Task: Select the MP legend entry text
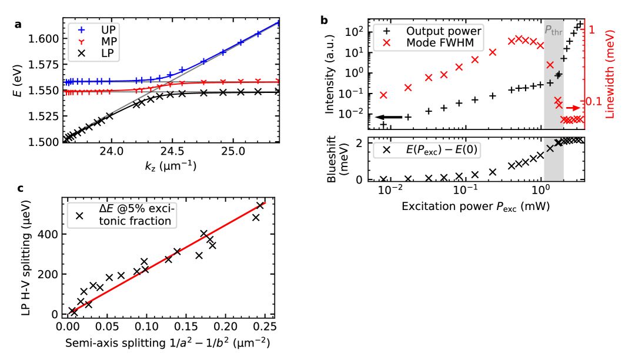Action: tap(109, 42)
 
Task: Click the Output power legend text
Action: tap(443, 31)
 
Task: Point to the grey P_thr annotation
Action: tap(553, 30)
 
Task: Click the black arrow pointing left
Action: tap(389, 117)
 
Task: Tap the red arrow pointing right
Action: tap(573, 108)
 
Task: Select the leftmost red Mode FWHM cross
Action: tap(383, 95)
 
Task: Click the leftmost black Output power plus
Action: tap(383, 124)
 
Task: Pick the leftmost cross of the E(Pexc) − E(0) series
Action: tap(383, 179)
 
